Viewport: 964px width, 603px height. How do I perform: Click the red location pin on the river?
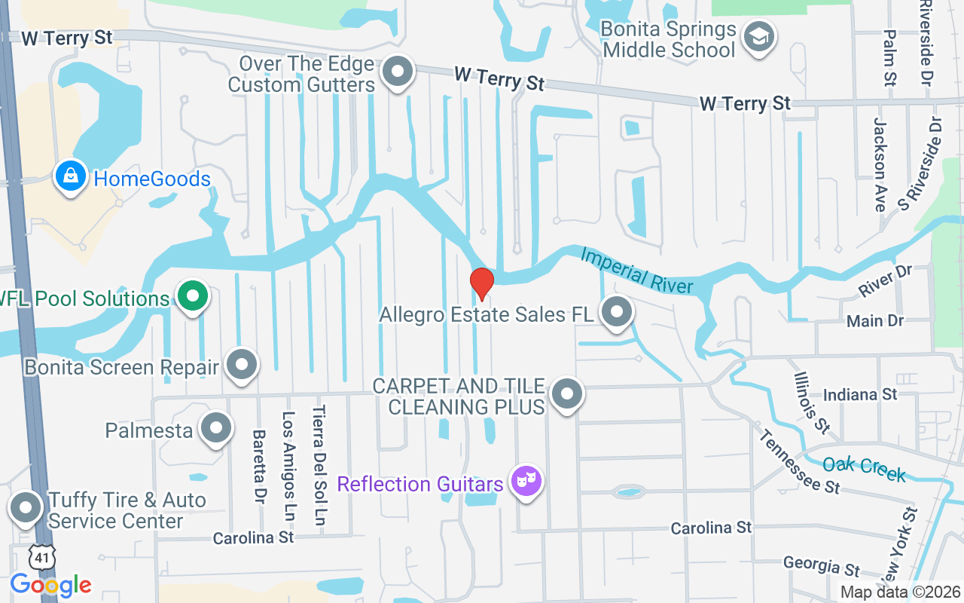[x=482, y=283]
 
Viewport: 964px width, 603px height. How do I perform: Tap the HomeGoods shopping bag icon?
[x=70, y=176]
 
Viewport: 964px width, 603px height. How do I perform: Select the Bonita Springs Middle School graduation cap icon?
[x=758, y=37]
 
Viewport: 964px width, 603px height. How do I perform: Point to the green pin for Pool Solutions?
[x=193, y=296]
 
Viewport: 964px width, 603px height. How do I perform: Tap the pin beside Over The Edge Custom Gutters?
[x=398, y=72]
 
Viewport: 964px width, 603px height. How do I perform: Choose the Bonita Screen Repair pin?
[x=242, y=365]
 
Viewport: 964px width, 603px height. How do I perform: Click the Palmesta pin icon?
[x=216, y=427]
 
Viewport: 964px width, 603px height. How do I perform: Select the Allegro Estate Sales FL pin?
[x=617, y=312]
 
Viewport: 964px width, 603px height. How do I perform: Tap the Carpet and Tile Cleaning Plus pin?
[x=567, y=393]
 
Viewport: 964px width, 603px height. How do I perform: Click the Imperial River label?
[x=636, y=271]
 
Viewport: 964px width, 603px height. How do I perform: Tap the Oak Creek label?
[x=864, y=468]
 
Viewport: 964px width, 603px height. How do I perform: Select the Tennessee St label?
[x=799, y=461]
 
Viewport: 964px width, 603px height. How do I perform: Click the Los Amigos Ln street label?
[x=288, y=468]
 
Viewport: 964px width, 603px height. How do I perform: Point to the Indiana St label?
[x=860, y=395]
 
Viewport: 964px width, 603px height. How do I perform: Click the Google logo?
[x=50, y=584]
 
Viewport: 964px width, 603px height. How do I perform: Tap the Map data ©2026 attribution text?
[x=901, y=592]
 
